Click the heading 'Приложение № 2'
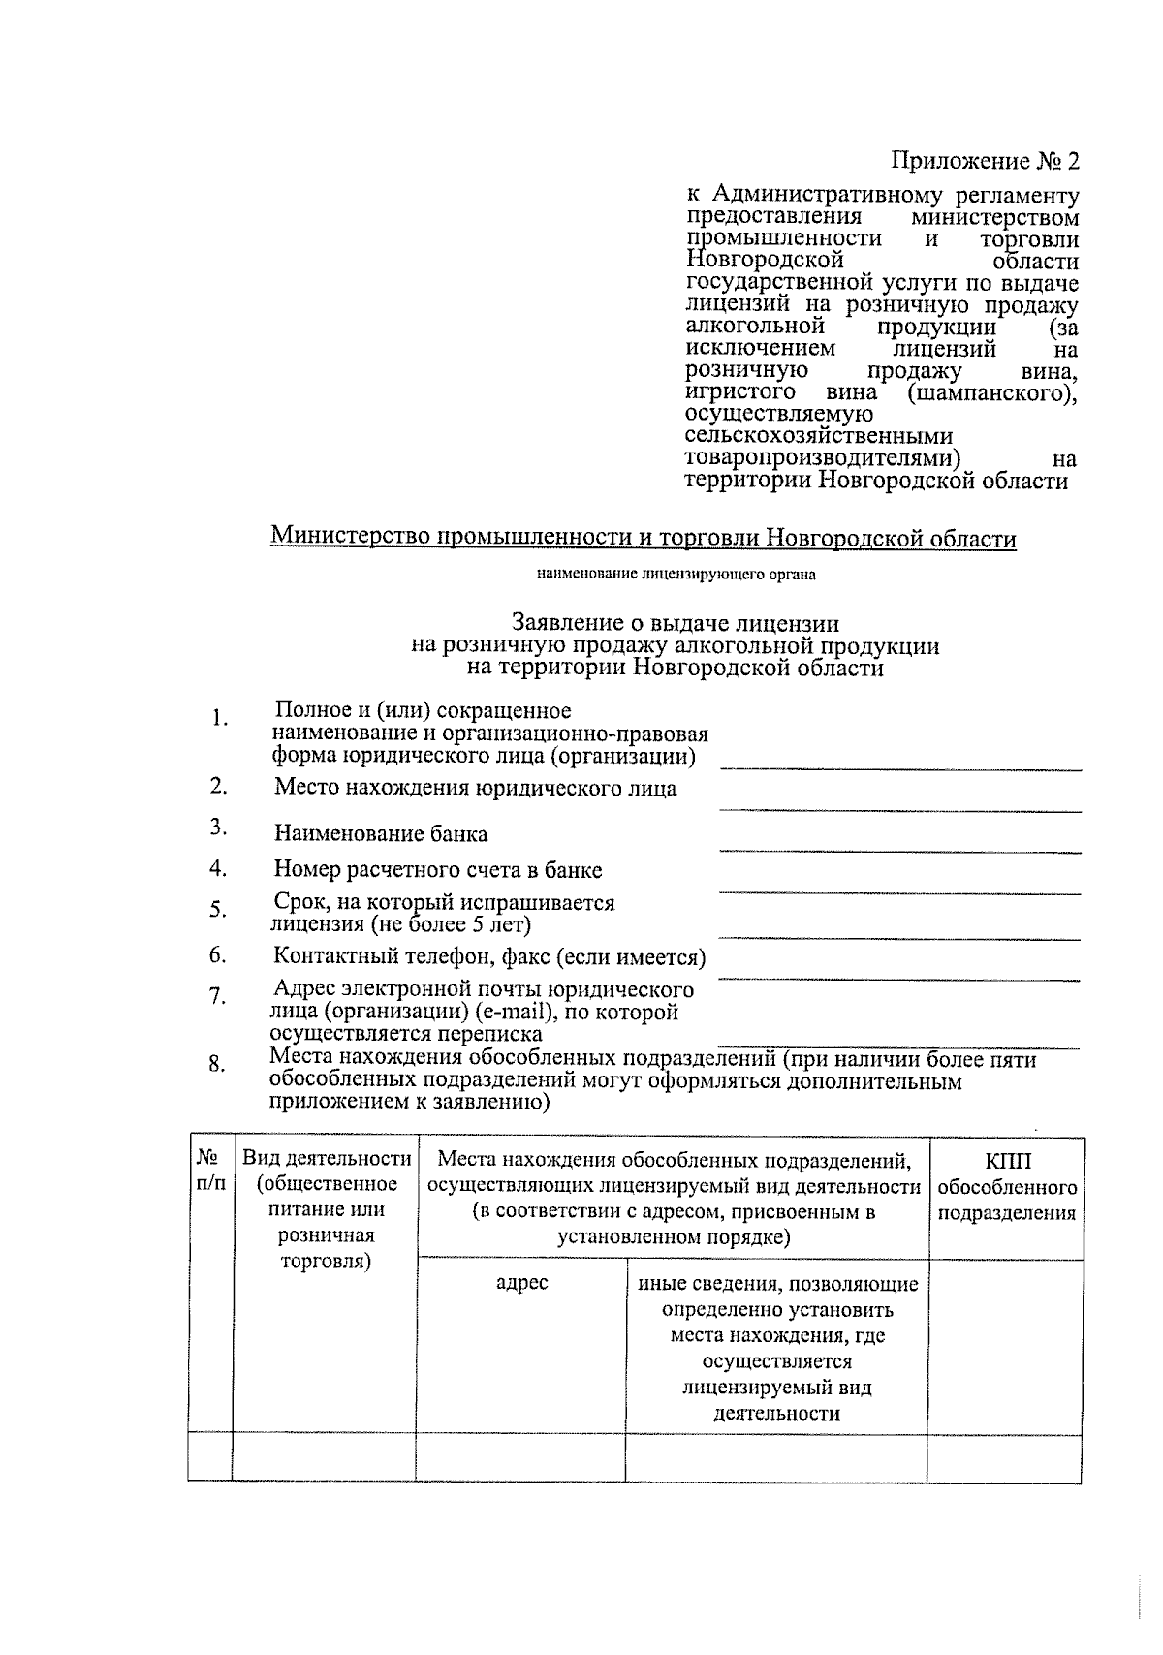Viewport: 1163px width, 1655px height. [x=985, y=160]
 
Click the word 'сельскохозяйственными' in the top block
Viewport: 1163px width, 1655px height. [x=818, y=436]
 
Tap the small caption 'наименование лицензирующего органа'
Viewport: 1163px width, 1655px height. [x=676, y=575]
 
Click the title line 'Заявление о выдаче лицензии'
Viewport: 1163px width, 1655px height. [x=675, y=624]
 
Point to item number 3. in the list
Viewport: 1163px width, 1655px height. [x=218, y=827]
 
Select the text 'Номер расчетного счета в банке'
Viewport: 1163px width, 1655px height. [x=437, y=869]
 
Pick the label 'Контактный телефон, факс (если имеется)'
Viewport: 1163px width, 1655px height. [x=488, y=957]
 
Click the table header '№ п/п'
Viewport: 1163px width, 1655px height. [x=210, y=1170]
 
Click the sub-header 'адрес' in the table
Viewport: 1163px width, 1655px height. [x=521, y=1283]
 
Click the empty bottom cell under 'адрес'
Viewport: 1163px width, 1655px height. [x=521, y=1457]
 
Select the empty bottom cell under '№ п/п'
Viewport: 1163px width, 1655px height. [x=210, y=1457]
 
